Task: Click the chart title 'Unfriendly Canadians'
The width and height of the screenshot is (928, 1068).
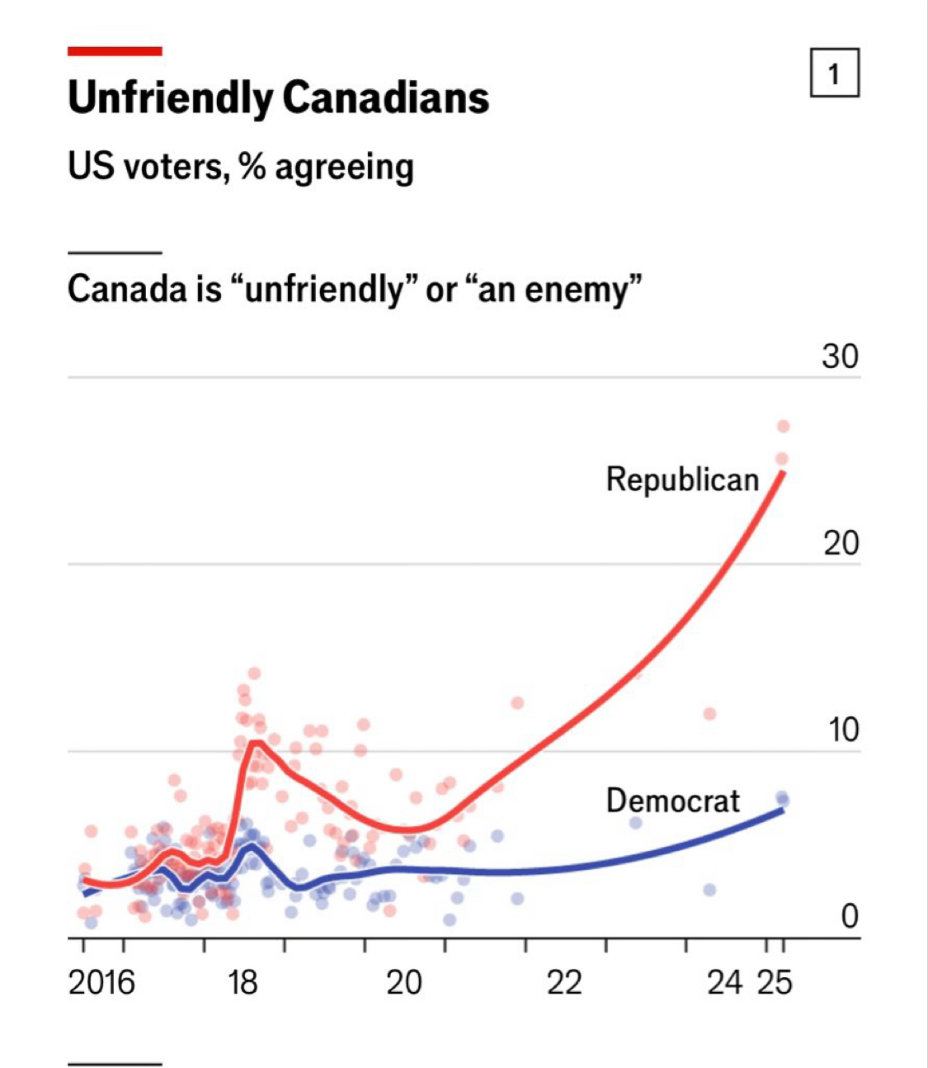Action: pos(278,98)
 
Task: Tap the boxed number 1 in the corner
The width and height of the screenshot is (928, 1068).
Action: pos(834,74)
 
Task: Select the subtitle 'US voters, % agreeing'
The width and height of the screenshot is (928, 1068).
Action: pos(240,168)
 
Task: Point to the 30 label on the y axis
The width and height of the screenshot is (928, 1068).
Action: pos(840,357)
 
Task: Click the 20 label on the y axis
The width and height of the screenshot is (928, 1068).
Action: pos(840,544)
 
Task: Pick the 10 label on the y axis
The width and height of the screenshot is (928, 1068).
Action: pos(841,730)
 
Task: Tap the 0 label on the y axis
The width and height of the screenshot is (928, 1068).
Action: pos(850,916)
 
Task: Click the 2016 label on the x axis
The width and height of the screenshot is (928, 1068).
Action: pos(101,983)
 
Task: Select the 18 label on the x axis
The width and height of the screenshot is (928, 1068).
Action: pos(243,983)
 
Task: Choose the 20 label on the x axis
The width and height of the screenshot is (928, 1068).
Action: pos(404,983)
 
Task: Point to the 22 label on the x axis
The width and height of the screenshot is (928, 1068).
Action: pos(565,983)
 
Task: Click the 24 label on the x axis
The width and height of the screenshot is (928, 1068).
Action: pos(725,983)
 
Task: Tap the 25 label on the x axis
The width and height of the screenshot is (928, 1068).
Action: pos(775,983)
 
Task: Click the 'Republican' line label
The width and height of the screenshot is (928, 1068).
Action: pos(682,480)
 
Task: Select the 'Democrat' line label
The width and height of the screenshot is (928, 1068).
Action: pos(673,801)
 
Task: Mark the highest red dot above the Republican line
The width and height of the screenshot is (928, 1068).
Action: pos(784,426)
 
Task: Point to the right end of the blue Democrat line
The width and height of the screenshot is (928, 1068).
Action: pos(782,810)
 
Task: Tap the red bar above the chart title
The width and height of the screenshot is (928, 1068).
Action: pos(115,51)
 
